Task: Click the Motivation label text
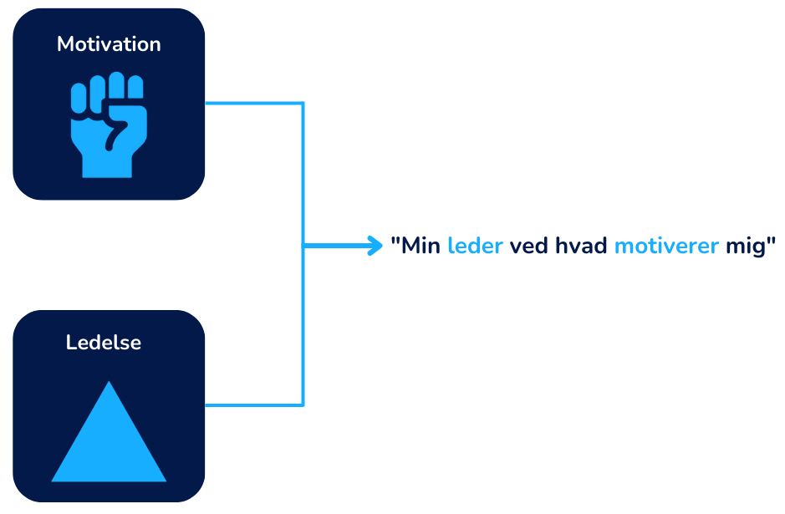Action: [x=109, y=44]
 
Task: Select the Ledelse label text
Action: [x=104, y=343]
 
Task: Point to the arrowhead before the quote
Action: [x=377, y=246]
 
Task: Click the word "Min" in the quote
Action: [x=421, y=247]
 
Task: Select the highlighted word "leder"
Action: [x=475, y=247]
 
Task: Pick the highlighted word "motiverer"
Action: [x=666, y=247]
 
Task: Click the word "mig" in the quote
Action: [x=747, y=247]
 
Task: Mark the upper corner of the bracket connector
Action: [x=303, y=104]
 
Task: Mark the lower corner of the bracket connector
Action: [x=303, y=405]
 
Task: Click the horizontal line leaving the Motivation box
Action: [x=251, y=104]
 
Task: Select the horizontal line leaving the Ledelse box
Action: [x=251, y=405]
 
